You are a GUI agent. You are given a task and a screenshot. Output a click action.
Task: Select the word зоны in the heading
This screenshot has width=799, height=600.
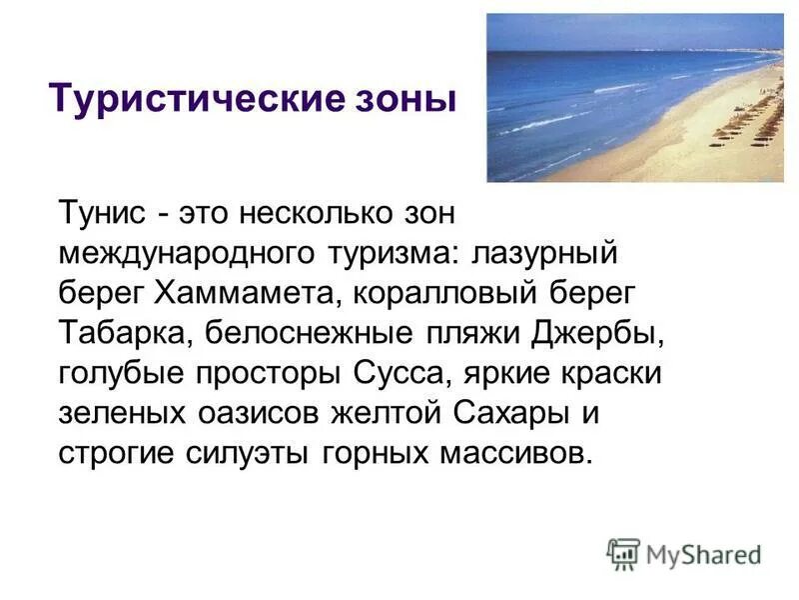click(x=409, y=101)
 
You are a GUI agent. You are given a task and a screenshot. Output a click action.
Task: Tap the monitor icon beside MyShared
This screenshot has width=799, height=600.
click(x=623, y=554)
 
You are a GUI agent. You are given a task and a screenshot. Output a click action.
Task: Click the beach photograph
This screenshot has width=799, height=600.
click(x=634, y=97)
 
